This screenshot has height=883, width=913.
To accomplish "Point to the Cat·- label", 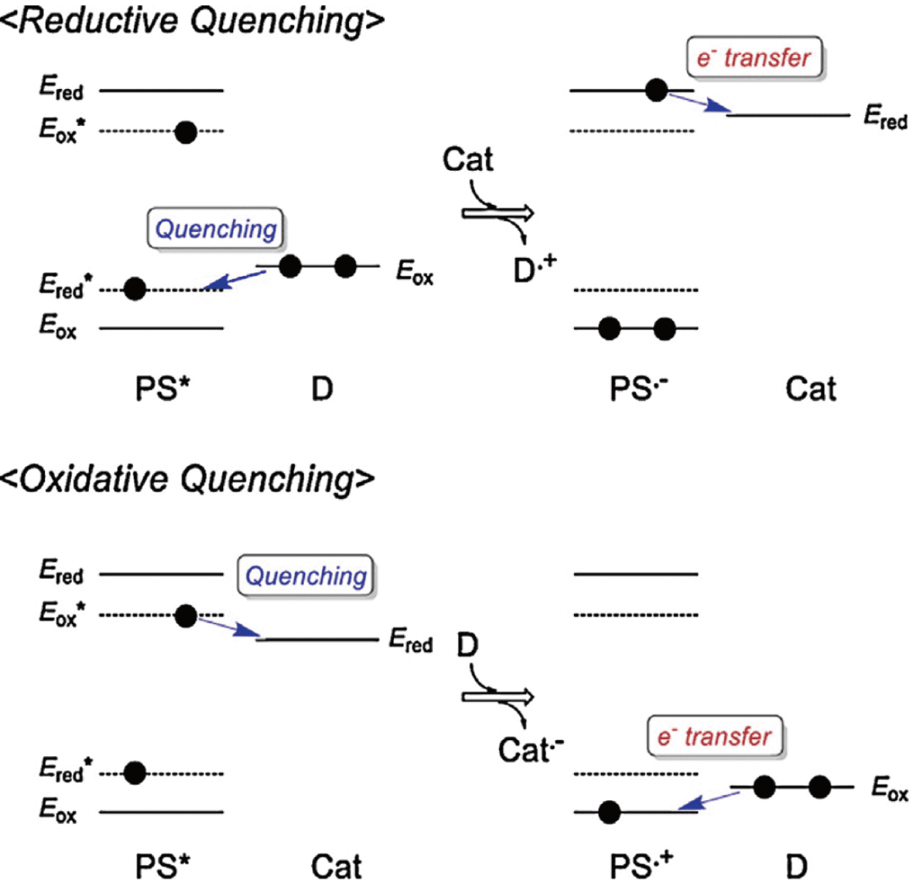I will point(531,748).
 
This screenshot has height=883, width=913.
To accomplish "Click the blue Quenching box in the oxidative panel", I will point(307,577).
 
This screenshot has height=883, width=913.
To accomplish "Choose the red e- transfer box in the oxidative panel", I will point(717,737).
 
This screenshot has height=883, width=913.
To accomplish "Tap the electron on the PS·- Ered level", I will point(657,90).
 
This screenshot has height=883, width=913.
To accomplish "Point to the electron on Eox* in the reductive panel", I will point(186,131).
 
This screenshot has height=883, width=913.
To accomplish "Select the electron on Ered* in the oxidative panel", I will point(134,772).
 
